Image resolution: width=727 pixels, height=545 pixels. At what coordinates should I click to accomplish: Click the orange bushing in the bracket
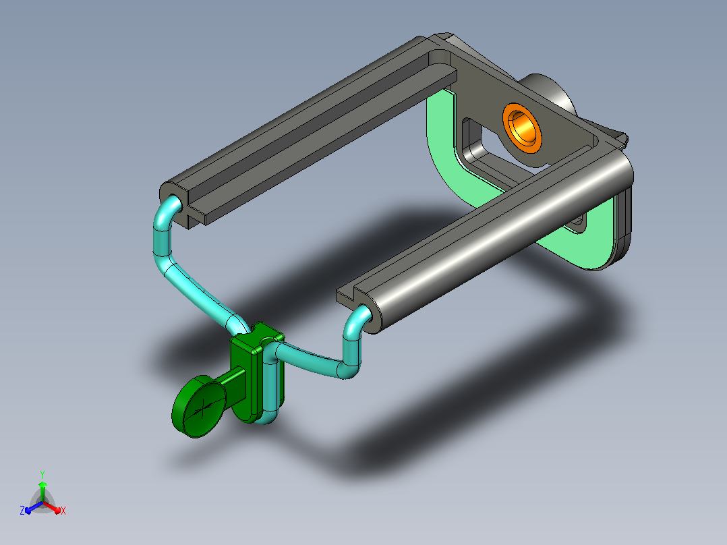pyautogui.click(x=523, y=128)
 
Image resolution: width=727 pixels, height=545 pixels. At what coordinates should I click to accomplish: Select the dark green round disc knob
pyautogui.click(x=198, y=406)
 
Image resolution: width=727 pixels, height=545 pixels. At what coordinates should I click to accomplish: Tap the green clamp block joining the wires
pyautogui.click(x=250, y=371)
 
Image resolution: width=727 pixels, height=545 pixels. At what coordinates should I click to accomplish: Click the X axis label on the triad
pyautogui.click(x=63, y=511)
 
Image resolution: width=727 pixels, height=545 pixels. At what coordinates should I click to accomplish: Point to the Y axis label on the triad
pyautogui.click(x=42, y=474)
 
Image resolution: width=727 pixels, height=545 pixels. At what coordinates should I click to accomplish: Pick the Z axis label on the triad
pyautogui.click(x=22, y=511)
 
